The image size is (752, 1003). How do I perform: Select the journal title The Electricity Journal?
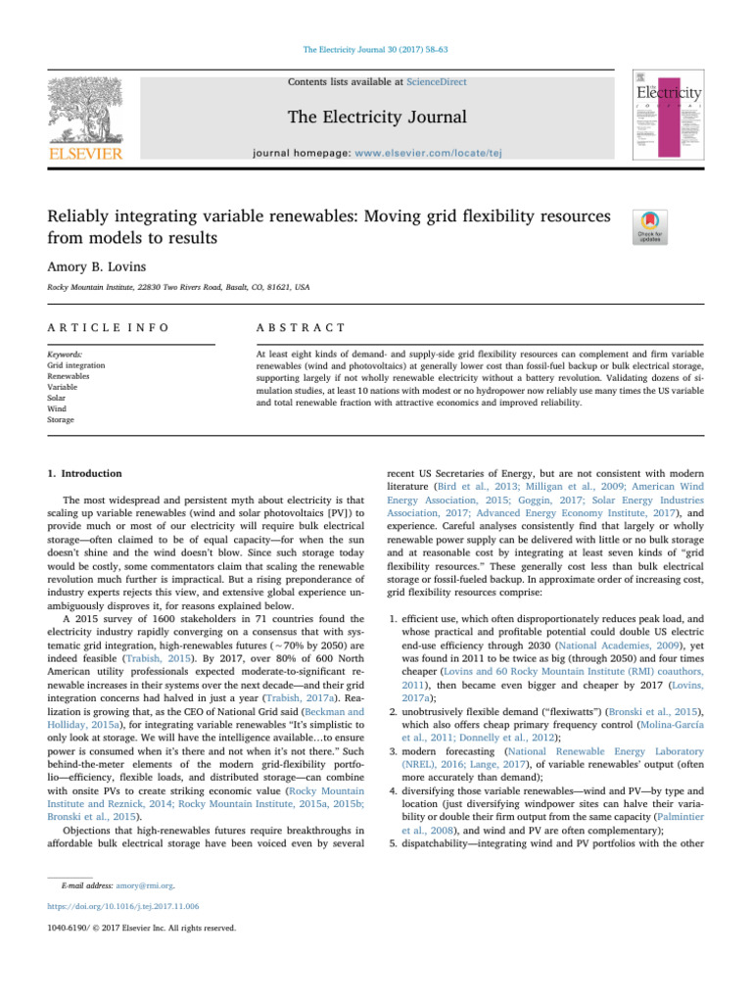coord(375,119)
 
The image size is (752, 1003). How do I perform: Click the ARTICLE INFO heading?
coord(94,326)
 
